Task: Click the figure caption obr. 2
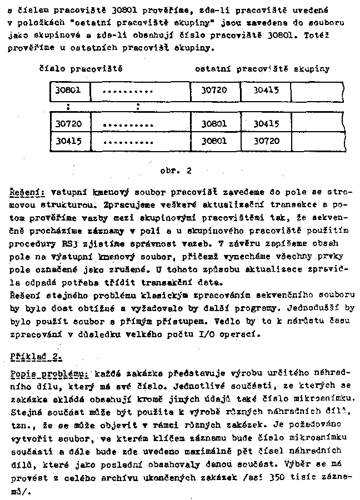point(175,171)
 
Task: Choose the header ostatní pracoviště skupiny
point(262,69)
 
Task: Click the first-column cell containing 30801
point(69,91)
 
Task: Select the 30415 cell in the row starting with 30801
point(266,91)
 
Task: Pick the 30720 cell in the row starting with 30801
point(214,91)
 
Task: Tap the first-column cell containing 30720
point(69,123)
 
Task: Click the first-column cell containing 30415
point(69,141)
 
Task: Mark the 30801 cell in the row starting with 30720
point(214,123)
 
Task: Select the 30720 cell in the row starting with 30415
point(266,141)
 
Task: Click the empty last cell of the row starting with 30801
point(317,91)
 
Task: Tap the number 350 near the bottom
point(275,477)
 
